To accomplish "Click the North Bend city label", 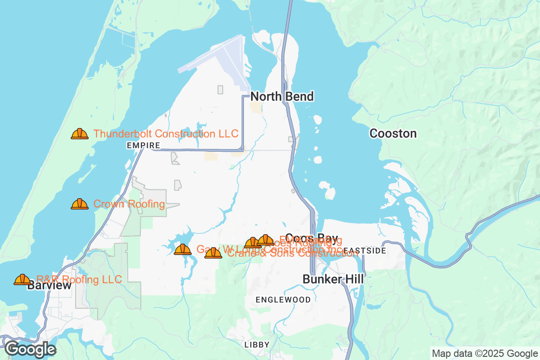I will (x=282, y=97).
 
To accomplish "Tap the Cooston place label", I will (x=393, y=134).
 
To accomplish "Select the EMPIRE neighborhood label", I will (x=144, y=146).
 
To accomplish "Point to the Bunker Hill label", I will (x=333, y=279).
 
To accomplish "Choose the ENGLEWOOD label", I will (x=283, y=300).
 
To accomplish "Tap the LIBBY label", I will (x=256, y=345).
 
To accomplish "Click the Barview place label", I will (x=49, y=286).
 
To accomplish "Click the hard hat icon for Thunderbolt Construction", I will (x=80, y=134).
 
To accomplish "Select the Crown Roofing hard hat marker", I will (x=80, y=204).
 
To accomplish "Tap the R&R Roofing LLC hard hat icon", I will (x=22, y=279).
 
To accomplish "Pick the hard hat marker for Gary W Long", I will (x=183, y=249).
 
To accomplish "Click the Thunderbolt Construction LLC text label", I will (x=166, y=134).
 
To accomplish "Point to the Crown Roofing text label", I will (x=129, y=204).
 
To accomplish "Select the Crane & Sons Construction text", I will (x=292, y=254).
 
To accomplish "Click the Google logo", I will (x=30, y=349).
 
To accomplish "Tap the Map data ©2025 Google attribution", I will (x=485, y=353).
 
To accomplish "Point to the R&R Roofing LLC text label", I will (x=79, y=279).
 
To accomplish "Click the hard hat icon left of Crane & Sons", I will (x=213, y=253).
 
